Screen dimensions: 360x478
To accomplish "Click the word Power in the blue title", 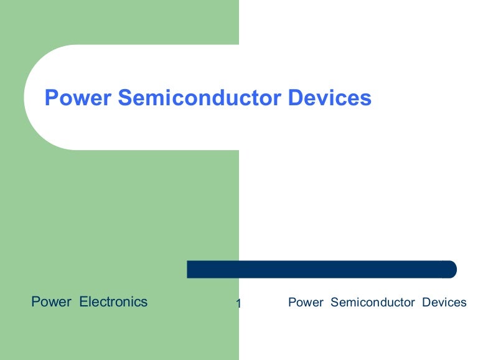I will pyautogui.click(x=78, y=98).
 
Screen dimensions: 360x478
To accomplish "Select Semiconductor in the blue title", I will pyautogui.click(x=200, y=98).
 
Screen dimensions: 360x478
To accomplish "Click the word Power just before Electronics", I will pyautogui.click(x=51, y=302).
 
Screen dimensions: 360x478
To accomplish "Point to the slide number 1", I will pyautogui.click(x=239, y=304).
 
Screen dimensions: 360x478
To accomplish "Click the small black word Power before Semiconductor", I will pyautogui.click(x=306, y=303).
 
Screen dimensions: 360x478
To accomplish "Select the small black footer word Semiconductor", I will pyautogui.click(x=372, y=303).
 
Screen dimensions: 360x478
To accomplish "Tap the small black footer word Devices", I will pyautogui.click(x=444, y=303).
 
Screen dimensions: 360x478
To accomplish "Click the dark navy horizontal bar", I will pyautogui.click(x=321, y=269).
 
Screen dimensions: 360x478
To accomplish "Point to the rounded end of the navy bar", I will pyautogui.click(x=452, y=269).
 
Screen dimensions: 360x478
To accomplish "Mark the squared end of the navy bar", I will pyautogui.click(x=189, y=269).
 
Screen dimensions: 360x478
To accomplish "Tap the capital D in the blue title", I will pyautogui.click(x=296, y=98).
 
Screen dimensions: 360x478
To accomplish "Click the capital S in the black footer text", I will pyautogui.click(x=334, y=303).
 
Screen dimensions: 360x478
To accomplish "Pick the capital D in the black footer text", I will pyautogui.click(x=426, y=303).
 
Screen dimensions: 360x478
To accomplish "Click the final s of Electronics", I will pyautogui.click(x=144, y=303).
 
